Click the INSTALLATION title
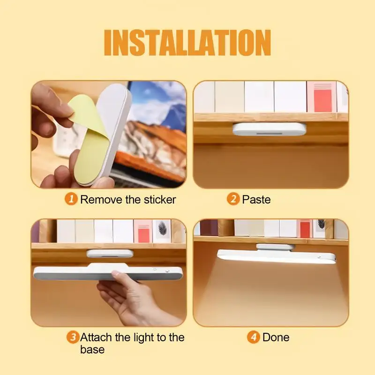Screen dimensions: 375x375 point(187,43)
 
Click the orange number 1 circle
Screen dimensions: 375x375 point(71,199)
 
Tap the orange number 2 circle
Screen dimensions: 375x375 point(233,199)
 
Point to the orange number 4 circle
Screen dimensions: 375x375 point(254,337)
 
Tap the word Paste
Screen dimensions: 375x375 point(256,199)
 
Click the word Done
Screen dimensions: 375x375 point(276,337)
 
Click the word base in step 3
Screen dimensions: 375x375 point(92,350)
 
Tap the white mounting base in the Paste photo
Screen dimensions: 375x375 point(269,129)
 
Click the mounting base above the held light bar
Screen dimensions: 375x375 point(110,254)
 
